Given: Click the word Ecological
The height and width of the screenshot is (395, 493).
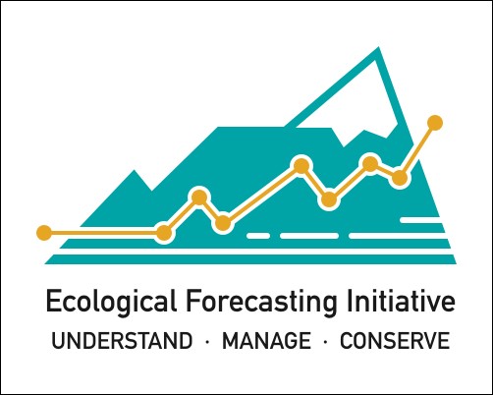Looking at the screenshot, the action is coord(111,302).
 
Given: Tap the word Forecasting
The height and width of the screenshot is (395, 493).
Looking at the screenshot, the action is coord(261,302).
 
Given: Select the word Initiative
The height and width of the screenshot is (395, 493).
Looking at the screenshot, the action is coord(401,301).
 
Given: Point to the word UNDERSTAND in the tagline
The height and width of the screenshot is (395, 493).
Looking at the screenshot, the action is coord(122,341).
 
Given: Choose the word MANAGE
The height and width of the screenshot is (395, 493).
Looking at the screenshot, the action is coord(266,341).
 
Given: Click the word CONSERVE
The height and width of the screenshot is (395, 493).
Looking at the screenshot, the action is coord(395,341).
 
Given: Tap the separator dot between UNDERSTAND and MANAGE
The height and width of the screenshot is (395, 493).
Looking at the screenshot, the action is coord(207,342).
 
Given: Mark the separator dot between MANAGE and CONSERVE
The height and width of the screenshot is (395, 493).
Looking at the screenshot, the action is coord(325,342).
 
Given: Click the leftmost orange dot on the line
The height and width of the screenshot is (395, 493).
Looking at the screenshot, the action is coord(44,233).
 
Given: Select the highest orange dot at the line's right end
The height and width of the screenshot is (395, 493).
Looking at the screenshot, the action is coord(435,123).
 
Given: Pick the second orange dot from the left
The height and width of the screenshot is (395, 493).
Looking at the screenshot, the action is coord(164,233).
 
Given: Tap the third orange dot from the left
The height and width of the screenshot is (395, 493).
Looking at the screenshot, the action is coord(199,197).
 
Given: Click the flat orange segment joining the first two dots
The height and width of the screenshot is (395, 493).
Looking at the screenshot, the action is coord(104,233).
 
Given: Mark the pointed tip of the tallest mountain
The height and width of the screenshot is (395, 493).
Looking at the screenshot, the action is coord(379,47).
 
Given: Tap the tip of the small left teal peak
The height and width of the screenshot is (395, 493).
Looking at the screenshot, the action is coord(134,170).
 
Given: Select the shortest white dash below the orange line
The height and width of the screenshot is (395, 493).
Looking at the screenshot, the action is coord(258,236).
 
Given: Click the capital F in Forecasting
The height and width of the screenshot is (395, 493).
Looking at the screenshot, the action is coord(192,301).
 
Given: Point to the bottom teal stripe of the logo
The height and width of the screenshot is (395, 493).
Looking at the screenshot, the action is coord(250,259).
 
